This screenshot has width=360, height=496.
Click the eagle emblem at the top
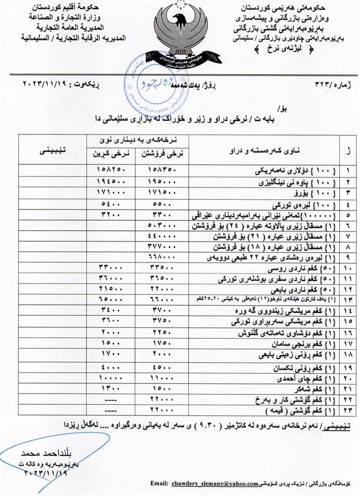click(x=179, y=29)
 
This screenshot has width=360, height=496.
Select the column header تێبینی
click(x=51, y=151)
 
